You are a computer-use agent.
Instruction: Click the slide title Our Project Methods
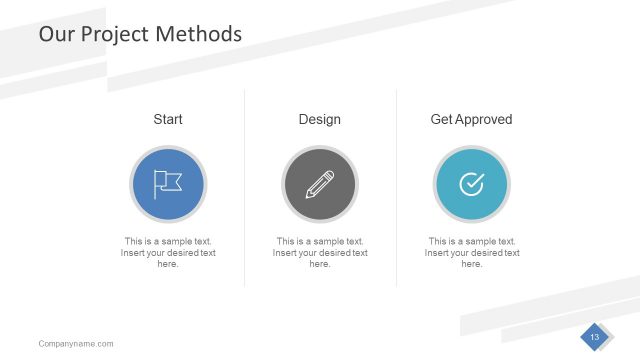tap(140, 34)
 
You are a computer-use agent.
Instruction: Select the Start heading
tap(168, 119)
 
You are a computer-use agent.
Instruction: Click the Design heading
tap(320, 119)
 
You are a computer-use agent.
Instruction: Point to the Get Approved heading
tap(471, 119)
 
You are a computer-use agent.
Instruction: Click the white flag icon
tap(168, 183)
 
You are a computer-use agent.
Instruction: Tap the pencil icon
tap(320, 184)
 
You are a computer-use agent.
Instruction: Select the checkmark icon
tap(471, 184)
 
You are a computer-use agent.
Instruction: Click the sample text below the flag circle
tap(168, 253)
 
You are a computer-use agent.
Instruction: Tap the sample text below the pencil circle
tap(320, 253)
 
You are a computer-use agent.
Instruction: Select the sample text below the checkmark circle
tap(472, 253)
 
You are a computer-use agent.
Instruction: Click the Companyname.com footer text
tap(76, 344)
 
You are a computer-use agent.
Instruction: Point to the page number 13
tap(594, 337)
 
